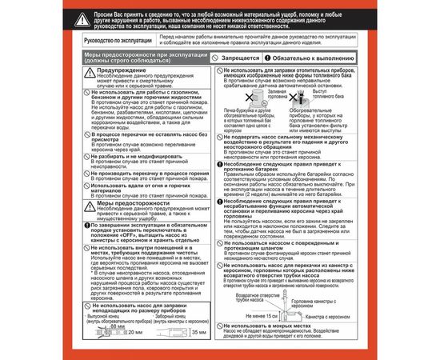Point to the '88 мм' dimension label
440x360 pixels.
(x=118, y=326)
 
